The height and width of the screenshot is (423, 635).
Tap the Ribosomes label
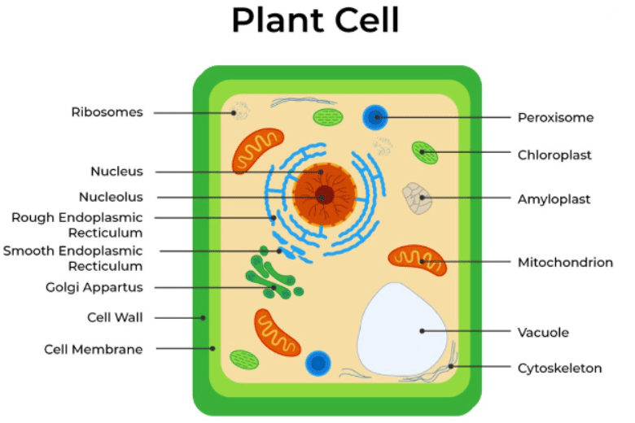(107, 112)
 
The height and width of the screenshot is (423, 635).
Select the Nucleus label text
(116, 172)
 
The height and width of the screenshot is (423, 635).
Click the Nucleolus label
(111, 197)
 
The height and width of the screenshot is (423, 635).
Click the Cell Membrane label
(94, 349)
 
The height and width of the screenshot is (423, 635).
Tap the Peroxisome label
(555, 117)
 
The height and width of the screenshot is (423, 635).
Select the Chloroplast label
(554, 155)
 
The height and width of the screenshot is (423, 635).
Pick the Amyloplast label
(554, 198)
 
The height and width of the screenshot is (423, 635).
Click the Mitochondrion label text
(565, 262)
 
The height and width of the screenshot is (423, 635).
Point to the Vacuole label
(543, 332)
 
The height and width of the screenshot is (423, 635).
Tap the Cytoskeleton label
(559, 368)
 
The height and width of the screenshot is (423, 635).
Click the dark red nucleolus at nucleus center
(325, 195)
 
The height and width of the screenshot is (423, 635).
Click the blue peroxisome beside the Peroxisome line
(375, 117)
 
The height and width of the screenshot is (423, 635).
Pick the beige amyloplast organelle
(417, 198)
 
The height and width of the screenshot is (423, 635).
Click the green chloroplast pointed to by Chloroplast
(423, 151)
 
